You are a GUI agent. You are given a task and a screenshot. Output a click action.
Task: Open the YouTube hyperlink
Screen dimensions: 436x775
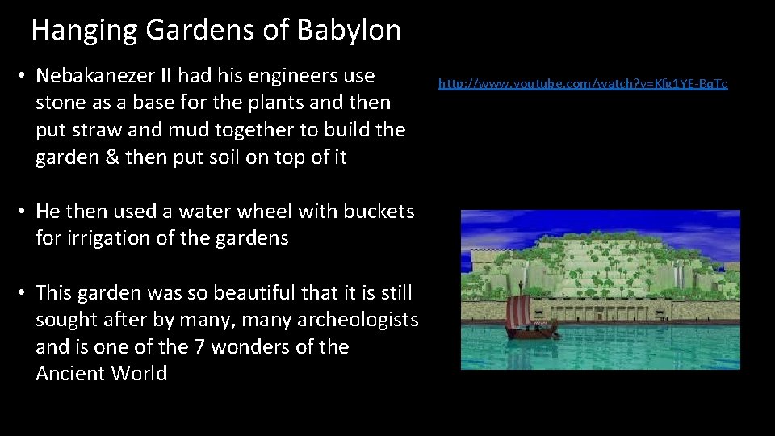coord(582,83)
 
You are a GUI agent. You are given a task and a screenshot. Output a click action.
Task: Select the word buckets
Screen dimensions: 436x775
coord(379,212)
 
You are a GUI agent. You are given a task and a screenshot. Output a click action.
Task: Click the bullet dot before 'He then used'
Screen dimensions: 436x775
coord(24,212)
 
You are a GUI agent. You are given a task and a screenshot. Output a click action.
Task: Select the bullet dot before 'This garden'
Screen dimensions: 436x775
coord(24,293)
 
